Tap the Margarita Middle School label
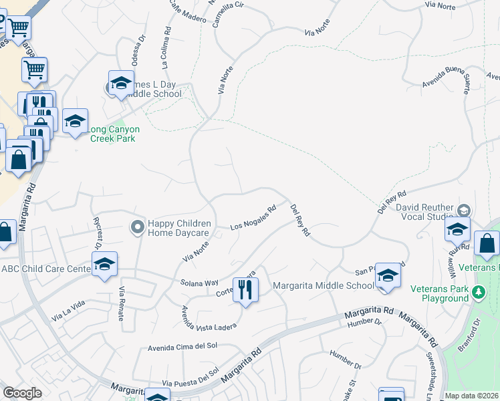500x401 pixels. [x=324, y=286]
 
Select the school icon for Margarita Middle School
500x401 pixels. [x=388, y=277]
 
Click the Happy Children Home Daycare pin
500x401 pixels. [x=138, y=228]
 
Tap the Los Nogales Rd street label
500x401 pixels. [x=253, y=218]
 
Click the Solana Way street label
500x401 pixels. [x=199, y=283]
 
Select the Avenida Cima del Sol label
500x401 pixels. [x=182, y=346]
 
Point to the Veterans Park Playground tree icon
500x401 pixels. [x=478, y=292]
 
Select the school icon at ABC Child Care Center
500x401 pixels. [x=104, y=265]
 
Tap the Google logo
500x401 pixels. [x=22, y=393]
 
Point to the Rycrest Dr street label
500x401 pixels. [x=99, y=231]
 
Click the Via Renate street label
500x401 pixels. [x=122, y=303]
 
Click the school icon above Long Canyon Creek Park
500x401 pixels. [x=121, y=84]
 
